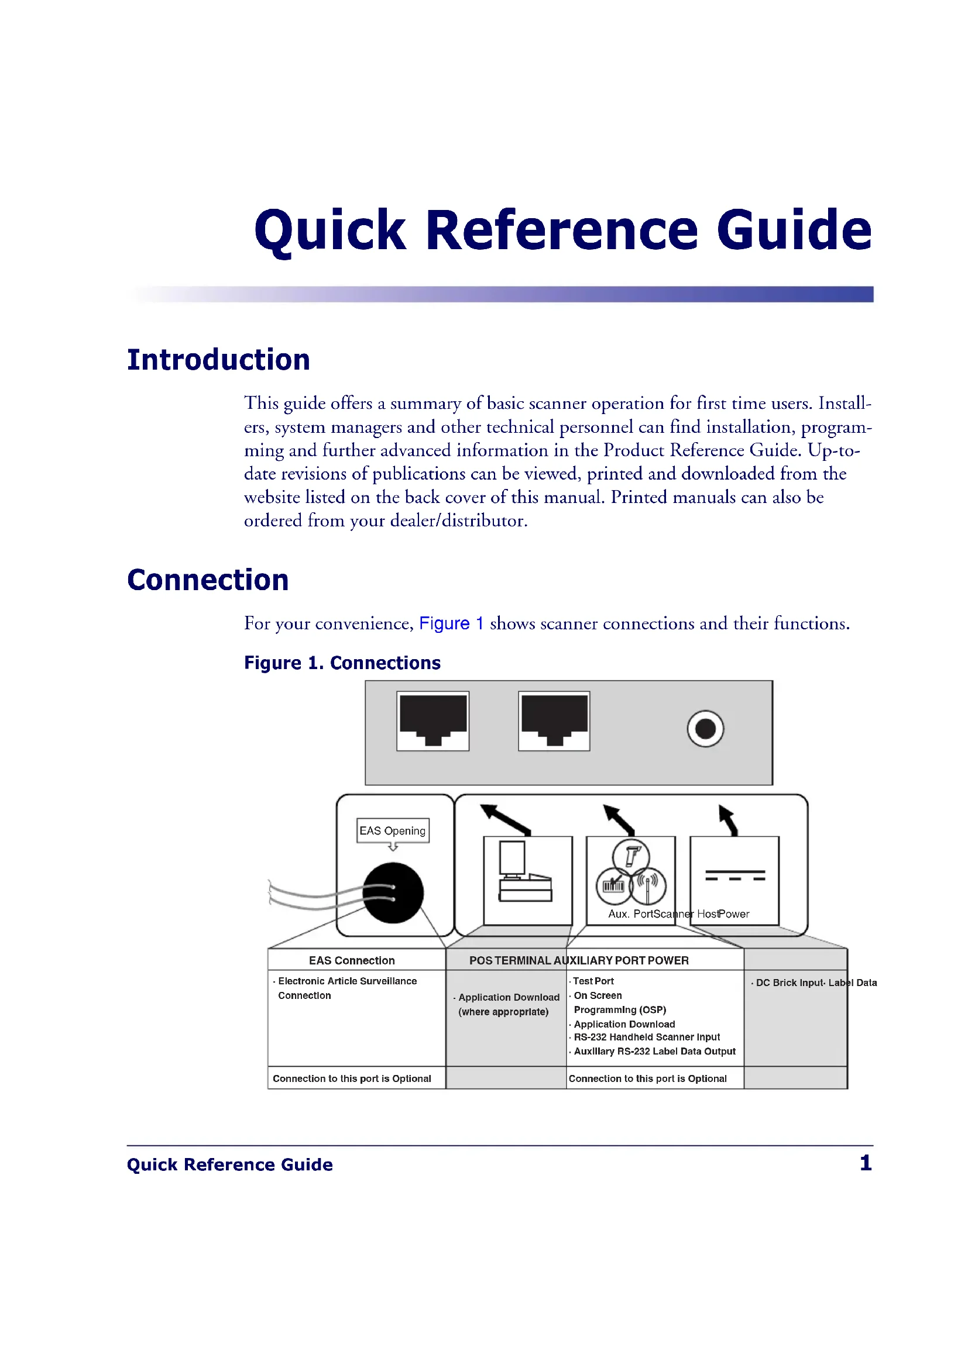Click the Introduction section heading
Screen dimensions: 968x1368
[x=218, y=360]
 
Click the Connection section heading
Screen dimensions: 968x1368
[x=208, y=580]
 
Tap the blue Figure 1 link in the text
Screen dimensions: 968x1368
[x=451, y=623]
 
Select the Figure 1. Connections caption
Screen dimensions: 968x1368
[x=342, y=663]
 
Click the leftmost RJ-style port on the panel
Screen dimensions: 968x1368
[x=432, y=721]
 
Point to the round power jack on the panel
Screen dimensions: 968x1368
[x=705, y=729]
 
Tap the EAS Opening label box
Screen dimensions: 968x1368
[x=393, y=831]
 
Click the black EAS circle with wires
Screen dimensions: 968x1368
[x=393, y=893]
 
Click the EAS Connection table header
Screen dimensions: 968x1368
[x=352, y=960]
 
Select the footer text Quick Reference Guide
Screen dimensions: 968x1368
[x=229, y=1164]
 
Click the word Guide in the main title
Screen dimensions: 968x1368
[x=795, y=230]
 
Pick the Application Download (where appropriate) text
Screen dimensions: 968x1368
[x=507, y=1005]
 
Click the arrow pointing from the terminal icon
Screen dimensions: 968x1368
[x=506, y=820]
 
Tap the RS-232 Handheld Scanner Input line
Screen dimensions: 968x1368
[x=644, y=1037]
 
